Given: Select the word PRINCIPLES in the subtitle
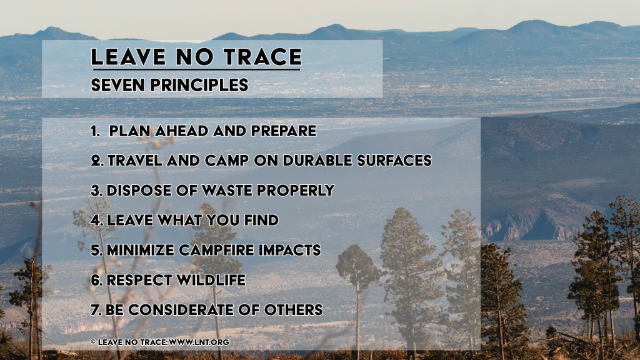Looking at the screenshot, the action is pos(199,85).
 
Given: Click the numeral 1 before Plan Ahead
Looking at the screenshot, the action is pos(94,131).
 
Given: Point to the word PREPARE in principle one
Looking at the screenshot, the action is pos(283,131).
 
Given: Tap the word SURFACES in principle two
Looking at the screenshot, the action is pos(394,161).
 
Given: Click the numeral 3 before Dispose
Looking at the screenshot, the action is pos(96,191).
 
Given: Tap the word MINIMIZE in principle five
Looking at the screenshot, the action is pos(141,250).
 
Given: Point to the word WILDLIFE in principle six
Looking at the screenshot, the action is pos(211,281).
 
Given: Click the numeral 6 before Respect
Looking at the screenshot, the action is pos(96,281).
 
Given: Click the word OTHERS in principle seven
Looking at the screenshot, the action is pos(293,310).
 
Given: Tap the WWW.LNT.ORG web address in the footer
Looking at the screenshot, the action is pos(199,342).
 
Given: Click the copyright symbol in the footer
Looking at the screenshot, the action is pos(93,342).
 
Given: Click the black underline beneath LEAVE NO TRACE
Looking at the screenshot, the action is pos(196,70).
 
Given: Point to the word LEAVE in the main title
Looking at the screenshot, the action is pos(129,57).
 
